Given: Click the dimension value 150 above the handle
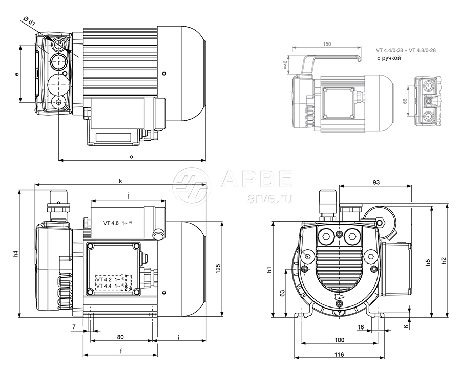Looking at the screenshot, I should (327, 45).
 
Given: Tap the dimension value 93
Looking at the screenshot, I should (375, 183).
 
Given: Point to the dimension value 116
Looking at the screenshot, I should (339, 355).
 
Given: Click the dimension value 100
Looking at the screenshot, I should (339, 340).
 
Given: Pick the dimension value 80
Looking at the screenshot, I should (120, 337).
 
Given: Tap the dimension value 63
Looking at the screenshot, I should (282, 293).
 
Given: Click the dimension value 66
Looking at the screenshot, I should (405, 101).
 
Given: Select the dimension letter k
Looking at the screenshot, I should (120, 181).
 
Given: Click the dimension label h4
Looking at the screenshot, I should (15, 254).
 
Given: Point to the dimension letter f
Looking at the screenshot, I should (120, 351).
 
